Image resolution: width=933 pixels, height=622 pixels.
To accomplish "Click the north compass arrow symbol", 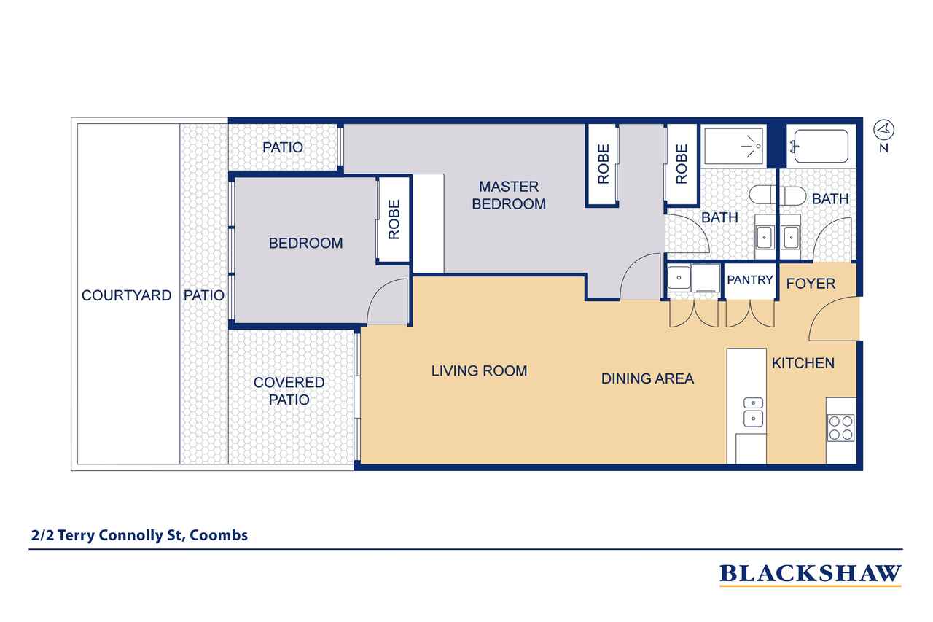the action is [x=883, y=130].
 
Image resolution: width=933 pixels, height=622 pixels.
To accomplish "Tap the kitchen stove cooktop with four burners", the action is [x=841, y=428].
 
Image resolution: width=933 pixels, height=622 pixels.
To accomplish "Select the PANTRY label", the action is [x=750, y=279].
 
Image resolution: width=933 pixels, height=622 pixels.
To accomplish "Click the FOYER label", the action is [x=811, y=284].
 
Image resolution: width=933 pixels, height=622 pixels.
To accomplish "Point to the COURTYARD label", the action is [x=126, y=295].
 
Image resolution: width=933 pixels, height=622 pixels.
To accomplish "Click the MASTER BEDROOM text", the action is [x=509, y=195].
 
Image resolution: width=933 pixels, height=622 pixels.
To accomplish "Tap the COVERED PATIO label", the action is [x=289, y=391].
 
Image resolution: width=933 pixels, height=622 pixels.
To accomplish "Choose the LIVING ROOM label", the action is [x=479, y=370].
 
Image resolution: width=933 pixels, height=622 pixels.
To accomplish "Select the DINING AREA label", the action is [x=647, y=378].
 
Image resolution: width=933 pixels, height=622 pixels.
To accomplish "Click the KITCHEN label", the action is [x=803, y=363].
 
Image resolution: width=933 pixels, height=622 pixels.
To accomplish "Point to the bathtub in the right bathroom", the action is [x=821, y=146].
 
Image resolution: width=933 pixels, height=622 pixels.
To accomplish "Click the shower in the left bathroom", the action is [x=733, y=146].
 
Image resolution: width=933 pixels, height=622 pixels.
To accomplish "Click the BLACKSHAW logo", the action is [x=810, y=574].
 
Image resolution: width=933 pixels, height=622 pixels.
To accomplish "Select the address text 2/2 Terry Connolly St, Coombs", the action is [x=139, y=535].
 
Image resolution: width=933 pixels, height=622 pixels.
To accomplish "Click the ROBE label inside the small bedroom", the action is [x=394, y=219].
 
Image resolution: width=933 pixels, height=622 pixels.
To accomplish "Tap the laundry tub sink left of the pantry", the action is [x=679, y=278].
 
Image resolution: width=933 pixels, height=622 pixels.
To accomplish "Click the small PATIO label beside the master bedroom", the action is [x=283, y=147].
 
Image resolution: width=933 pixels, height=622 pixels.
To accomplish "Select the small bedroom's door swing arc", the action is [x=381, y=296].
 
